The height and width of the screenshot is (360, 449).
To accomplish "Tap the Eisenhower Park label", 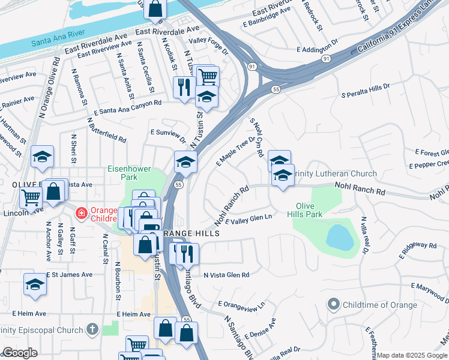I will pyautogui.click(x=131, y=173).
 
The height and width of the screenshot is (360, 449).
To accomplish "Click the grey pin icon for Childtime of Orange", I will pyautogui.click(x=333, y=305).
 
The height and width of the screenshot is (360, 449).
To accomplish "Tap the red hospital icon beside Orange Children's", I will pyautogui.click(x=80, y=212).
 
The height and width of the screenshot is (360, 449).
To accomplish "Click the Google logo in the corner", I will pyautogui.click(x=20, y=353).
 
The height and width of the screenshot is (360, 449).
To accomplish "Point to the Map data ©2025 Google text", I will pyautogui.click(x=412, y=355).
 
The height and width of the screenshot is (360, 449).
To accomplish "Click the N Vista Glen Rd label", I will pyautogui.click(x=226, y=275).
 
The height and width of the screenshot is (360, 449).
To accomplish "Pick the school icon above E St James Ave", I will pyautogui.click(x=35, y=284).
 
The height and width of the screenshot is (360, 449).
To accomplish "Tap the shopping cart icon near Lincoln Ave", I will pyautogui.click(x=31, y=197).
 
